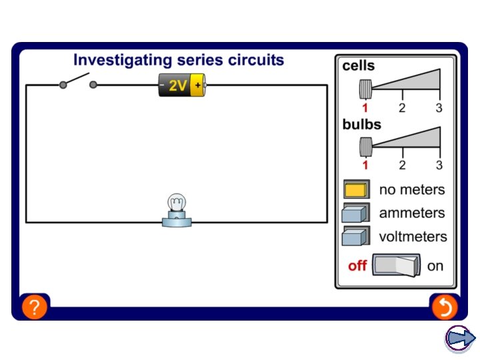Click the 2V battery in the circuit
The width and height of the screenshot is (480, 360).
(182, 85)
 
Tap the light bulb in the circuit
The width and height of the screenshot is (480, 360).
(177, 210)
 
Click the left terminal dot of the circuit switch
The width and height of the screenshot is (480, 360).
(63, 85)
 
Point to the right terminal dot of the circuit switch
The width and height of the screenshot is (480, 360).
(93, 85)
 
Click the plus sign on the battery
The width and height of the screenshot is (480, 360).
(198, 85)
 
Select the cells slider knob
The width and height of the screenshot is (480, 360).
(365, 89)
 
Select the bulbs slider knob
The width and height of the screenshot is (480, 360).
(366, 147)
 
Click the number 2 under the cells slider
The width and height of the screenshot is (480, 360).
(402, 108)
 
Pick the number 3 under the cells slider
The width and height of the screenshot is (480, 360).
(439, 108)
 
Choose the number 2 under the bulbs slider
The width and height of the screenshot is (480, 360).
(402, 165)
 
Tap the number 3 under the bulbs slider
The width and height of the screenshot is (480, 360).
(439, 165)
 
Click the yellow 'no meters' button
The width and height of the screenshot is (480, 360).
(356, 189)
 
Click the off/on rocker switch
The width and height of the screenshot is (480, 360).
(396, 265)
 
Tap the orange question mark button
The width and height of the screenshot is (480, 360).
(35, 307)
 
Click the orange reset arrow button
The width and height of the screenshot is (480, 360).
(445, 307)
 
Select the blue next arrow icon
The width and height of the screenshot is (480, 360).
(460, 339)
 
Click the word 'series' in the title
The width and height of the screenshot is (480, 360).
(200, 60)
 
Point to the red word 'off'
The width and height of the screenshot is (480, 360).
(357, 266)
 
